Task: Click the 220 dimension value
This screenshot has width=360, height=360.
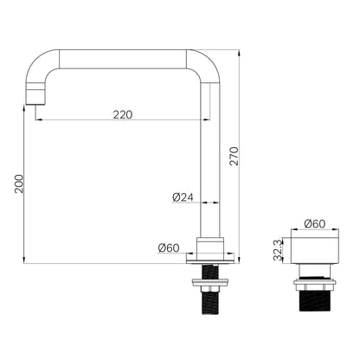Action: tap(123, 114)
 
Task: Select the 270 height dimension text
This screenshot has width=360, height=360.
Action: tap(234, 156)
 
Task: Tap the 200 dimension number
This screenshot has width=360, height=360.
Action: tap(19, 183)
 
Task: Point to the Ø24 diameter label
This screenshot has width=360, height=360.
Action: tap(183, 197)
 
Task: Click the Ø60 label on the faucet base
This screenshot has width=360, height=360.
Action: tap(169, 247)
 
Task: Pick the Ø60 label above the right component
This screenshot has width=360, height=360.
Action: tap(314, 223)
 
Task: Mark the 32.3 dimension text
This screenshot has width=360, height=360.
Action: tap(278, 250)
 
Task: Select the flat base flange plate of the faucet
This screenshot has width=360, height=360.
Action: tap(210, 261)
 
